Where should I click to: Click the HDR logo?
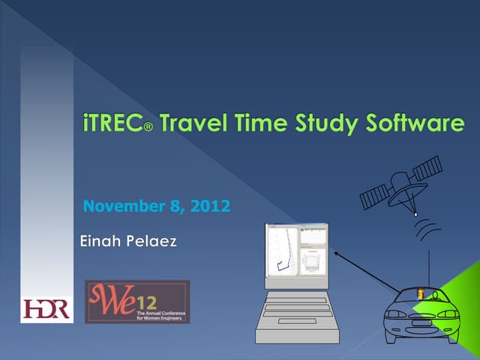click(x=46, y=308)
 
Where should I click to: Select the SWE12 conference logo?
click(x=137, y=301)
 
